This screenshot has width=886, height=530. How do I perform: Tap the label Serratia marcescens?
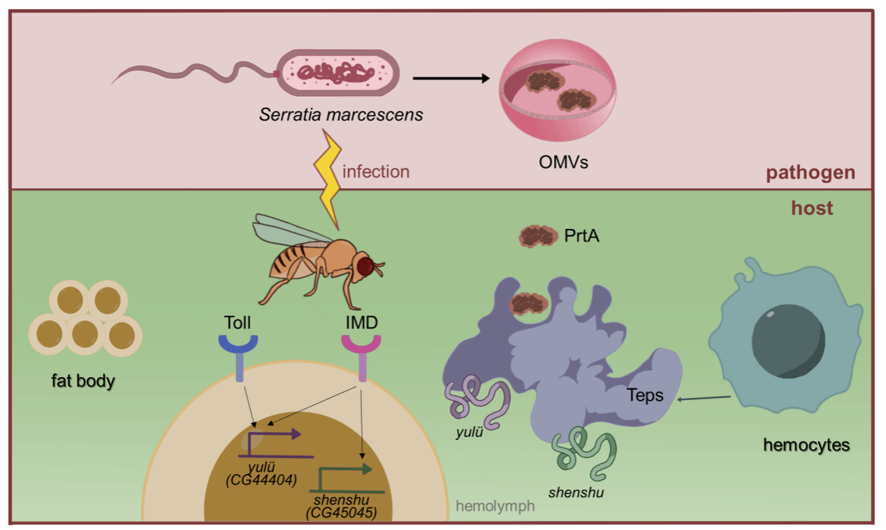(x=341, y=114)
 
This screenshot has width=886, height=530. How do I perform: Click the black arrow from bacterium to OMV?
(x=451, y=78)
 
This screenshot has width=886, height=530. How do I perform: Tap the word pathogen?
(x=811, y=172)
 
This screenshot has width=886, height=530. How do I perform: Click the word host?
(x=812, y=208)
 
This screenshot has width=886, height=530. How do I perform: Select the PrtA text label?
(x=581, y=237)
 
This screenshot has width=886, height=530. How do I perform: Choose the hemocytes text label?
(x=806, y=444)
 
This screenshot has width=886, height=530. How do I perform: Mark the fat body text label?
(x=82, y=382)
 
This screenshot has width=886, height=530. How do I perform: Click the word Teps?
(x=645, y=396)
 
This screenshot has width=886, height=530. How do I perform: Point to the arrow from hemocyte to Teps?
(x=704, y=399)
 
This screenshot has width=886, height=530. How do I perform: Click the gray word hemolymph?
(x=495, y=506)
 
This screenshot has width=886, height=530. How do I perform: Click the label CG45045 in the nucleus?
(x=341, y=513)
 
